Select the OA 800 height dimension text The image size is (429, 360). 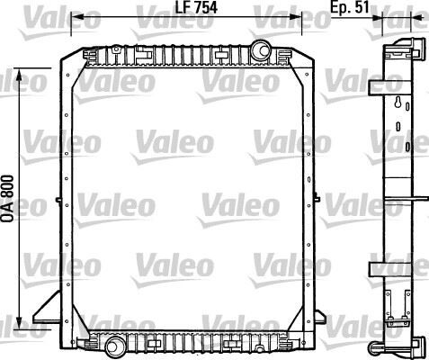8,197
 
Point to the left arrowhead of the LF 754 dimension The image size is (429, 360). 75,17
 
